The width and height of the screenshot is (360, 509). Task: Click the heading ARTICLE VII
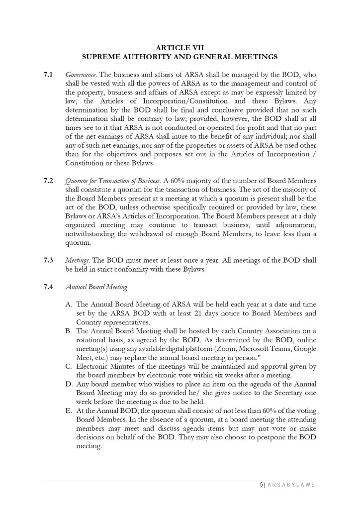click(x=180, y=48)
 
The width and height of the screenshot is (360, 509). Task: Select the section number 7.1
click(x=48, y=75)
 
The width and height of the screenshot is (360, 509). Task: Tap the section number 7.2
click(x=48, y=180)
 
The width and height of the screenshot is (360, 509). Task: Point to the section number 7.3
click(x=48, y=260)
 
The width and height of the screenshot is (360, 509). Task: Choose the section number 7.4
click(x=48, y=287)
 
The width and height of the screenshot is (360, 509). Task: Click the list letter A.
click(x=69, y=305)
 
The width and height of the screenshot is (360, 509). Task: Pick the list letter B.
click(x=69, y=331)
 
